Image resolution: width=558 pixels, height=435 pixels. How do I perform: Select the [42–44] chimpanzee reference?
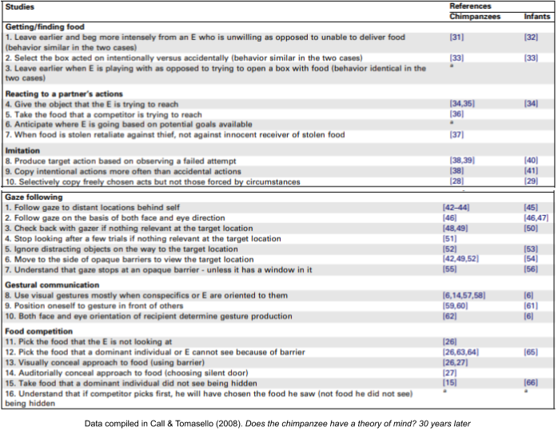click(x=457, y=207)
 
